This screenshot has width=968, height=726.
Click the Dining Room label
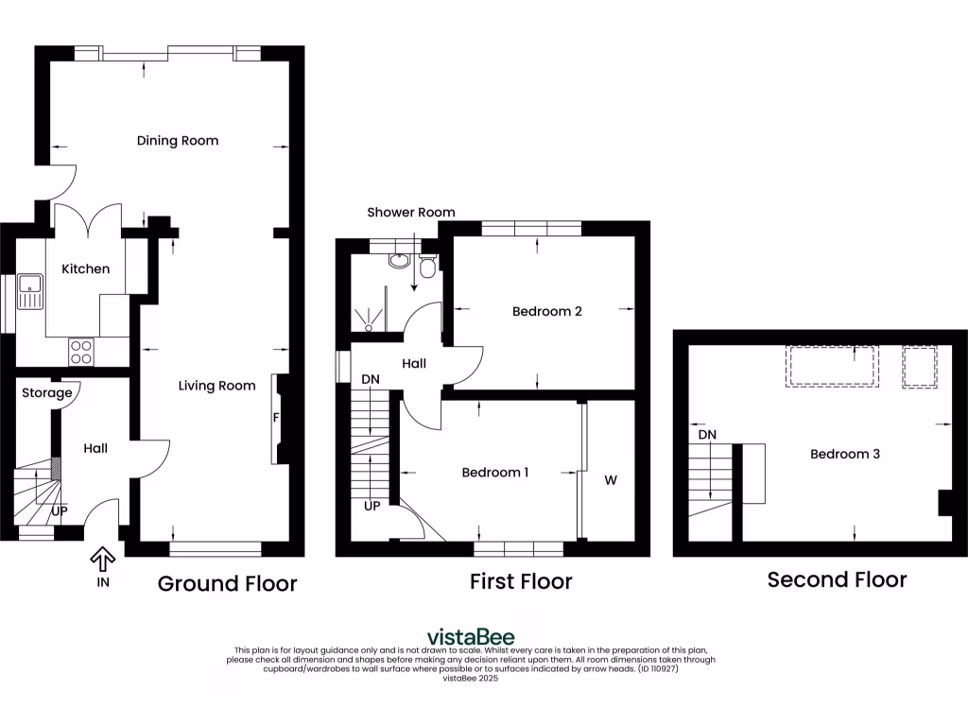coord(178,141)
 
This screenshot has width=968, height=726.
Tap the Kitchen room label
coord(86,269)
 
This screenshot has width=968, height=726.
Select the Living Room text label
coord(217,386)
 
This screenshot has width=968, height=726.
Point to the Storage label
coord(47,393)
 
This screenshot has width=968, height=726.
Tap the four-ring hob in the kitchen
coord(81,352)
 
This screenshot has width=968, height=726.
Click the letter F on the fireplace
coord(276,418)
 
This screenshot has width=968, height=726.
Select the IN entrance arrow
coord(102,560)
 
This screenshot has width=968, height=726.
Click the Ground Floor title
coord(227,583)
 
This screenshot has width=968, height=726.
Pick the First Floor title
coord(521,581)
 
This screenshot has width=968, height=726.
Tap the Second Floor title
coord(837,579)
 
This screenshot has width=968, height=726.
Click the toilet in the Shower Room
coord(427,270)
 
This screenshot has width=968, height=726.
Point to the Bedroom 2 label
coord(546,311)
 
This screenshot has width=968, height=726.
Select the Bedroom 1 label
coord(494,473)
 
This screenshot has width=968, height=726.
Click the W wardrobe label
coord(611,480)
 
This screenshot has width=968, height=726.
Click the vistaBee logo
coord(471,636)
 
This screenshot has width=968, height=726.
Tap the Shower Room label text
coord(411,213)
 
